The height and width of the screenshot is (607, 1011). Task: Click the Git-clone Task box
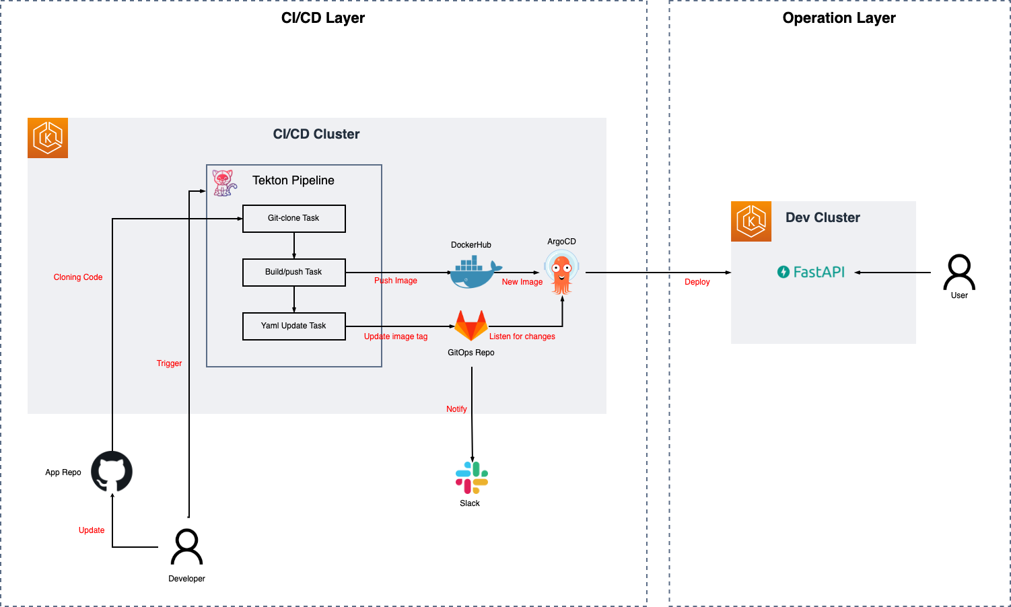[293, 219]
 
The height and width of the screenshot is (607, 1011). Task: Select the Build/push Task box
[293, 273]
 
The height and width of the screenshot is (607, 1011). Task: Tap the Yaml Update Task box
[293, 326]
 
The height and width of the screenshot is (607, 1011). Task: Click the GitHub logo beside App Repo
[112, 472]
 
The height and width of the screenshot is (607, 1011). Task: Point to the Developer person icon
[186, 546]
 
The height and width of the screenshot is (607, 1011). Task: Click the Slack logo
[471, 478]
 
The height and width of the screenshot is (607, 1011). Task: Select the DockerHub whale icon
[475, 273]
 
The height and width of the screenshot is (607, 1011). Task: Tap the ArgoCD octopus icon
[561, 272]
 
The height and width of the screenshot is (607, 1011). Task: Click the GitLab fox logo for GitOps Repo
[471, 325]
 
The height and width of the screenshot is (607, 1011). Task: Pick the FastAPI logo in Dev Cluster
[811, 272]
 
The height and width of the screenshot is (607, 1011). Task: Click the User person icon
[959, 272]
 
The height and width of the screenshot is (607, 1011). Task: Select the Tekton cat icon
[224, 182]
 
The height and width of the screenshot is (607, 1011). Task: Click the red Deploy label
[697, 282]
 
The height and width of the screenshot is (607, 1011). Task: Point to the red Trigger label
[169, 363]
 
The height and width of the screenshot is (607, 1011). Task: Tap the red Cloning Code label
[78, 277]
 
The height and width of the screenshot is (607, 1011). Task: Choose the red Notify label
[456, 409]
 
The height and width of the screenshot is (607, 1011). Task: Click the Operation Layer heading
[839, 18]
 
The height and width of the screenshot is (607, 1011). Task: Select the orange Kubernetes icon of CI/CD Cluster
[48, 138]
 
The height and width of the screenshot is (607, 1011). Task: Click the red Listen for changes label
[522, 336]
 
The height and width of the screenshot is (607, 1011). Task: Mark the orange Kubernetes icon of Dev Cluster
[751, 221]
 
